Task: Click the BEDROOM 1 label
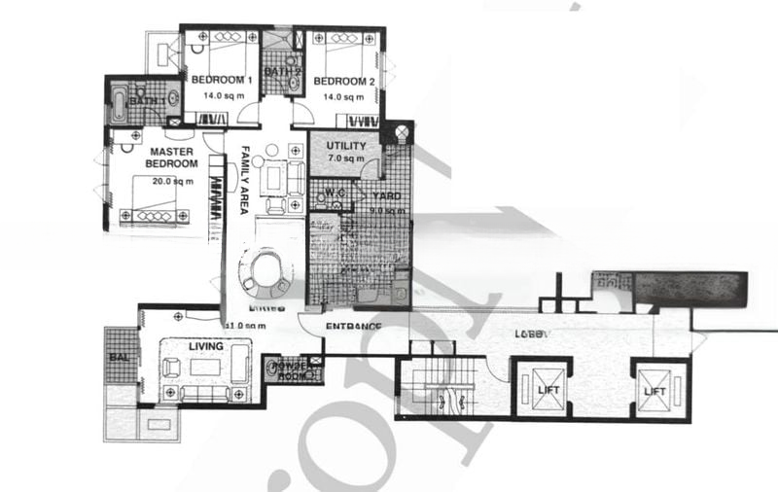221,80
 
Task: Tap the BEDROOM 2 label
344,82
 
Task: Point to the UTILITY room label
346,146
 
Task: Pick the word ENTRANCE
352,326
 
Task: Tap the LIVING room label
206,345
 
